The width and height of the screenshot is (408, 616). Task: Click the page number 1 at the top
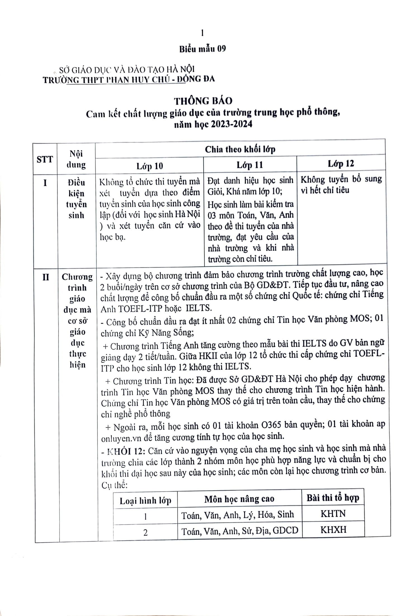pos(202,33)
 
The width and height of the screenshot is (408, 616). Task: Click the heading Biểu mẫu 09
pos(202,49)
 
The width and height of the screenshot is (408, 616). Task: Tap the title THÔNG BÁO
pos(203,101)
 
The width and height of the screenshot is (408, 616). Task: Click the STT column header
pos(44,159)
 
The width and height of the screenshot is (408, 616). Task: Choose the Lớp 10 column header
pos(150,166)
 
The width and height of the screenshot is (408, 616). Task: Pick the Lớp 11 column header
pos(250,165)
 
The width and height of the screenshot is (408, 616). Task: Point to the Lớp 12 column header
pos(341,163)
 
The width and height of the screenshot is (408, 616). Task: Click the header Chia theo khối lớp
pos(240,149)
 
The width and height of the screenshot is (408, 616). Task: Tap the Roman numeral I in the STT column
pos(45,183)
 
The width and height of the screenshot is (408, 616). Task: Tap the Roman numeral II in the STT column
pos(45,277)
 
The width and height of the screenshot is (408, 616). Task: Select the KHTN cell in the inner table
pos(333,514)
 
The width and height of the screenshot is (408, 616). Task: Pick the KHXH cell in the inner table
pos(333,529)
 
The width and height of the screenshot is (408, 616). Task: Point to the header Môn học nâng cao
pos(239,499)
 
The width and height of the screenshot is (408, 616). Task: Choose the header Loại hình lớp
pos(145,500)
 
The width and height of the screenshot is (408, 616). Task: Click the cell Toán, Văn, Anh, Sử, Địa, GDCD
pos(240,530)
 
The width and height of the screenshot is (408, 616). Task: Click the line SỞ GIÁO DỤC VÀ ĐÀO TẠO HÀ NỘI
pos(127,69)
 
